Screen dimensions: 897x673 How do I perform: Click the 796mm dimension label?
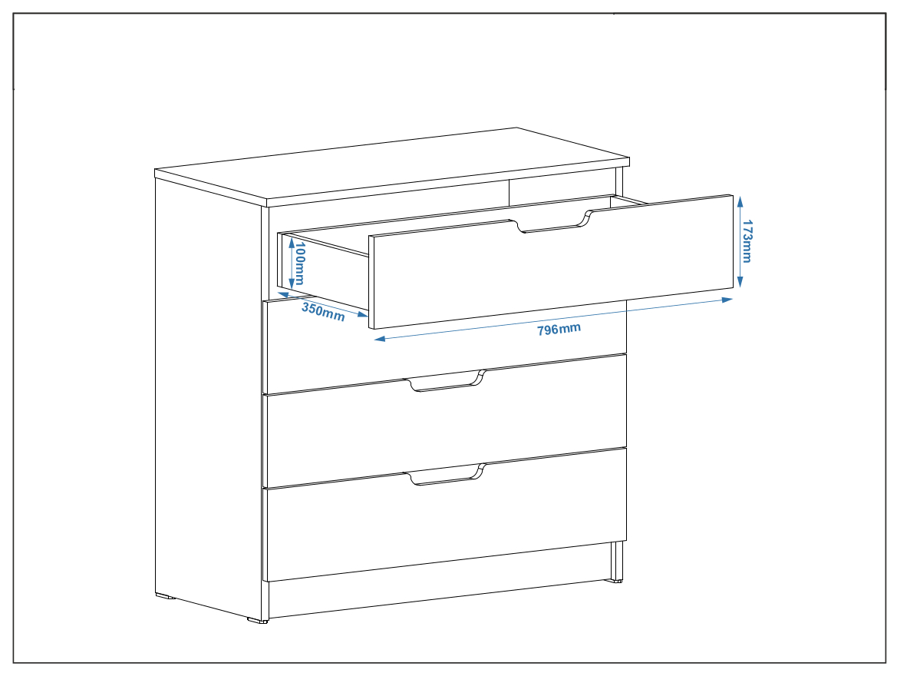(559, 330)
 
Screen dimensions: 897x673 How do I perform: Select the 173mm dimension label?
(747, 241)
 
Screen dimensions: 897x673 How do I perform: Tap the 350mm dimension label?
(323, 312)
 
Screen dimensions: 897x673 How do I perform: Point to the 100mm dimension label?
(299, 263)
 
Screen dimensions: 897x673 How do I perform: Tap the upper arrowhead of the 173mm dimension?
(740, 201)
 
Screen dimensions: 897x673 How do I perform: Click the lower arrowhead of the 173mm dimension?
(740, 282)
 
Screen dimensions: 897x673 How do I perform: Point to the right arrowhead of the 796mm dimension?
(727, 300)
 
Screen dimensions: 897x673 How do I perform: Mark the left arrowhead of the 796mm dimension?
(380, 339)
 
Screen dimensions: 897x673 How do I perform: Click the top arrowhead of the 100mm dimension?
(292, 244)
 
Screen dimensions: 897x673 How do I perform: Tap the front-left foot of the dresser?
(257, 620)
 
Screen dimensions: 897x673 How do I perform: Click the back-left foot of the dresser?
(165, 596)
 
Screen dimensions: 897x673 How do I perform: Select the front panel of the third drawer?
(444, 422)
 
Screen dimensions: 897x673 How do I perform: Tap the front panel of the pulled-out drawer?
(551, 262)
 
